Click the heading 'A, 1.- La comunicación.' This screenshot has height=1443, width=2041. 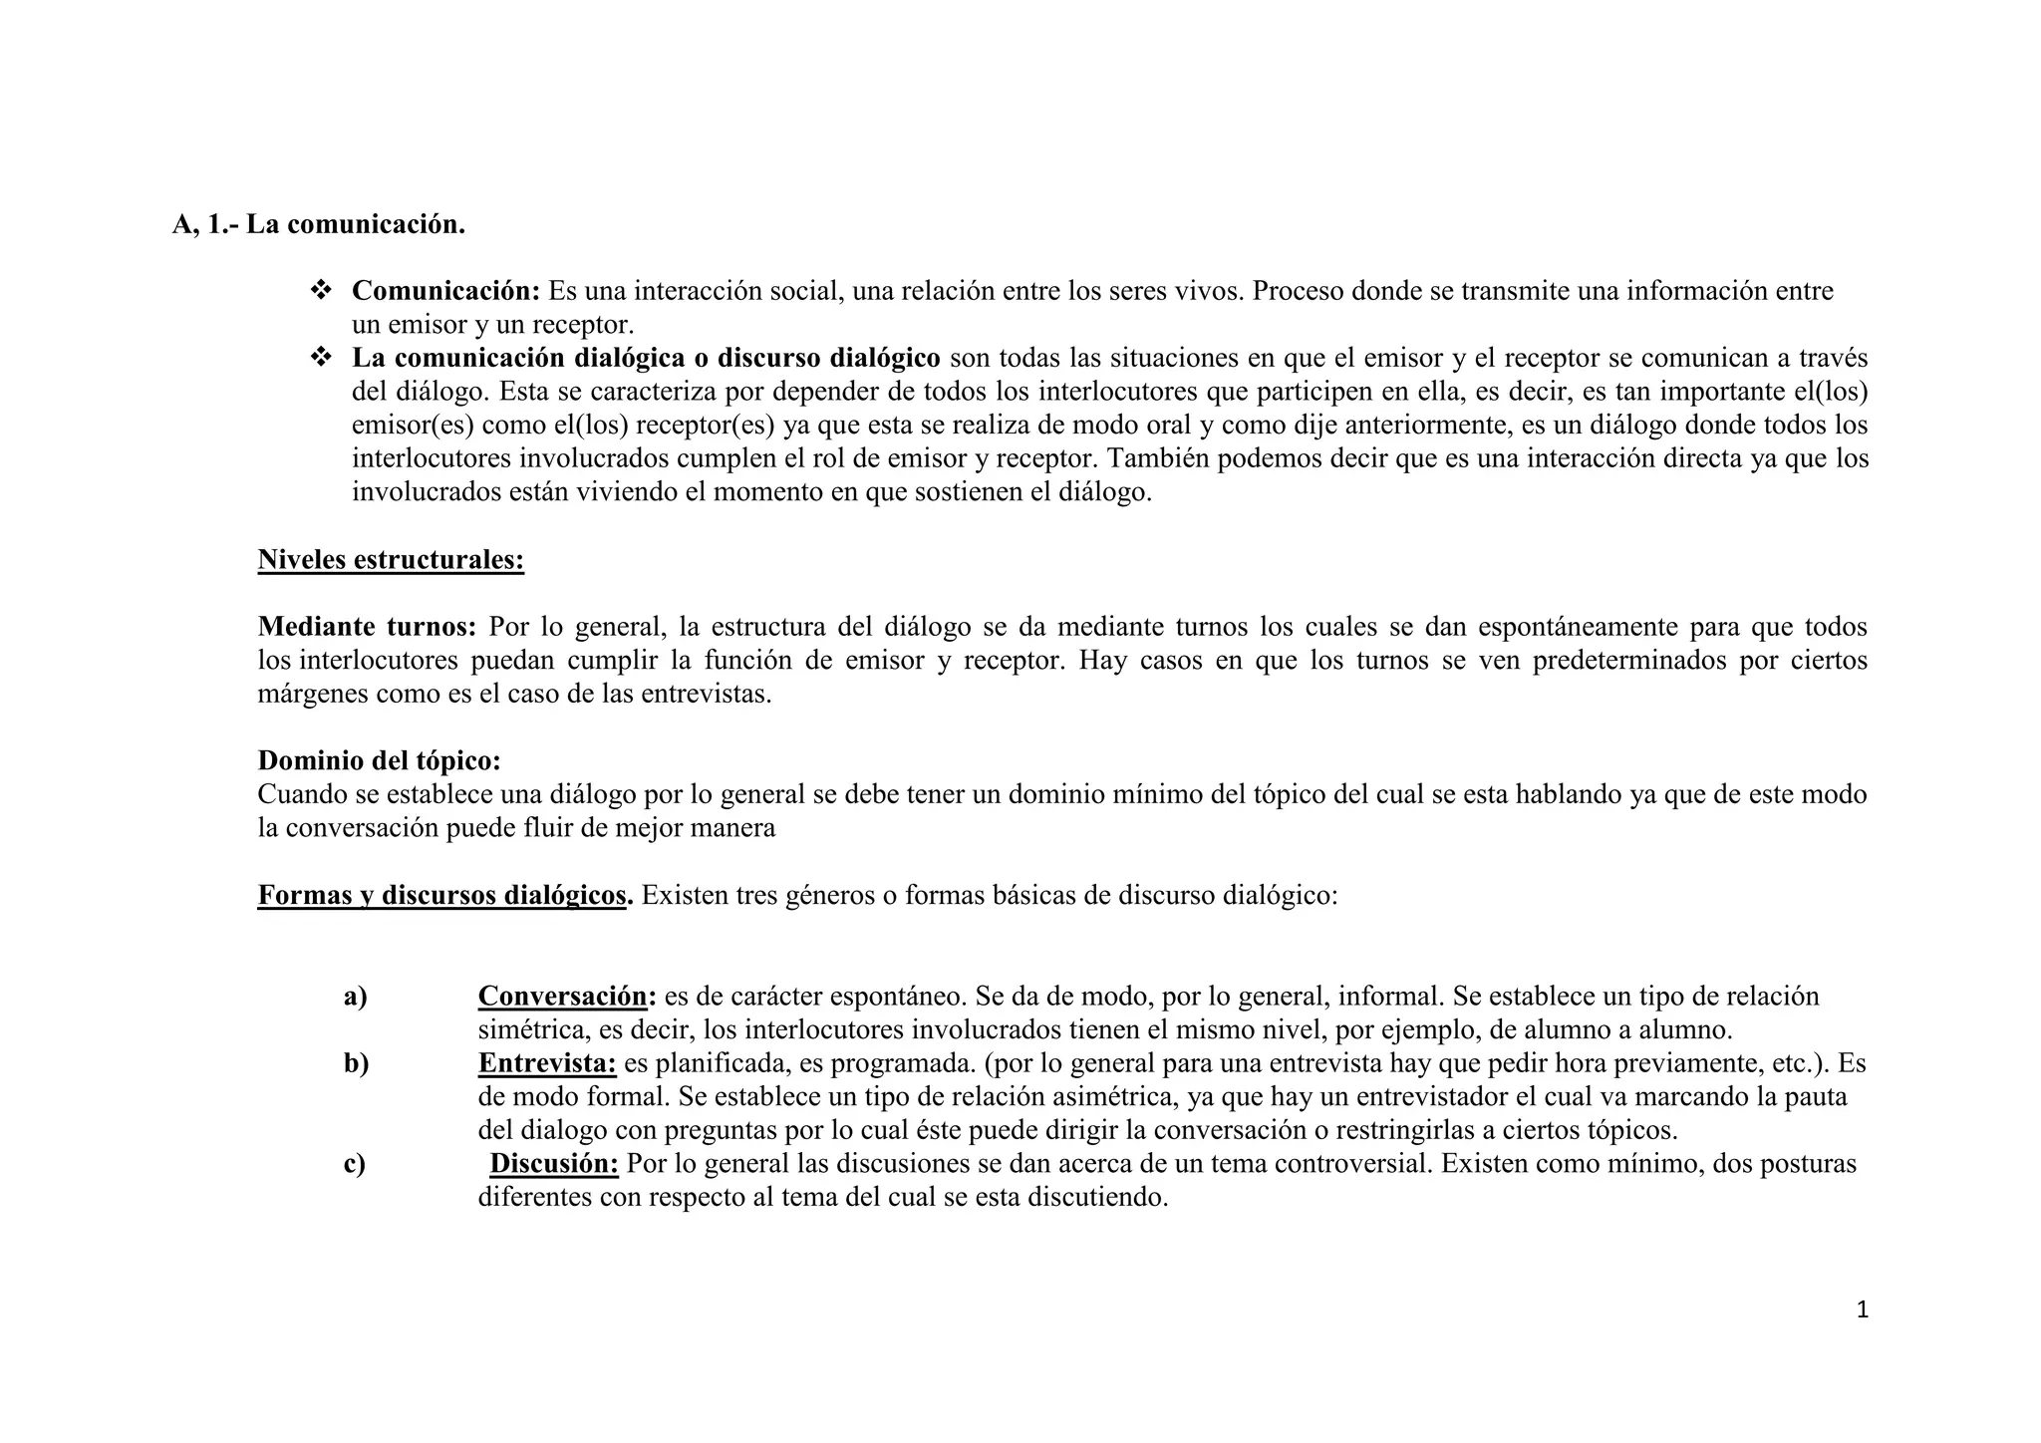click(x=319, y=225)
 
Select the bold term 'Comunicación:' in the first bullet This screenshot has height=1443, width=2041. click(x=445, y=291)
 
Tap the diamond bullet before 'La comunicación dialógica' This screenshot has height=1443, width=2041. click(x=321, y=357)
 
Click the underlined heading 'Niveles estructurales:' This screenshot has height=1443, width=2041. click(x=391, y=560)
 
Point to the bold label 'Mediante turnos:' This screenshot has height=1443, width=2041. click(x=367, y=627)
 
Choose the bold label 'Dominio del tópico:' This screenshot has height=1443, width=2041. click(x=379, y=760)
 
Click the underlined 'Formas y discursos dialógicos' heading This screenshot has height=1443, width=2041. click(x=443, y=895)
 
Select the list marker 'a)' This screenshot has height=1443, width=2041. click(x=355, y=996)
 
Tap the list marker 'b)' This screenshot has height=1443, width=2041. click(x=356, y=1063)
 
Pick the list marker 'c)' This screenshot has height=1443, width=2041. click(x=355, y=1163)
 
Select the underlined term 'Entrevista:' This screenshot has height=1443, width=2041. click(x=548, y=1063)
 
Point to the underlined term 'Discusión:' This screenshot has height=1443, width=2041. click(x=554, y=1163)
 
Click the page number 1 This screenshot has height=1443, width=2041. click(x=1862, y=1309)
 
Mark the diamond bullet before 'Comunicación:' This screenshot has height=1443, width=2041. click(x=321, y=291)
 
